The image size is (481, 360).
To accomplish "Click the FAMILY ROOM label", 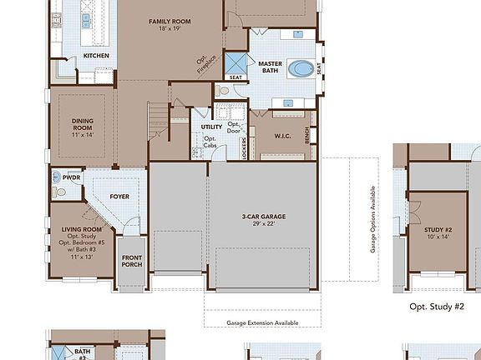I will click(x=170, y=21).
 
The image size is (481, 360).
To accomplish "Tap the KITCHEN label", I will click(x=96, y=56).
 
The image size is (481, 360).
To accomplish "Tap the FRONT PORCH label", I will click(x=132, y=260).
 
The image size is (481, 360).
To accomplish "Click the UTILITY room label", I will click(x=211, y=127).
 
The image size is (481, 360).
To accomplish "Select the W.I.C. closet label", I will click(x=281, y=135).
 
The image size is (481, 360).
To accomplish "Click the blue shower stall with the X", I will click(x=240, y=64).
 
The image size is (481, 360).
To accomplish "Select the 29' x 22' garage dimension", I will click(x=259, y=223).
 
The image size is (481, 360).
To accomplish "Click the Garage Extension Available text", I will click(x=262, y=322).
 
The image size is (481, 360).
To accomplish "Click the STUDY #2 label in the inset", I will click(x=438, y=229).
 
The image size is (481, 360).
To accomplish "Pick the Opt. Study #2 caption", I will click(x=436, y=307).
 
